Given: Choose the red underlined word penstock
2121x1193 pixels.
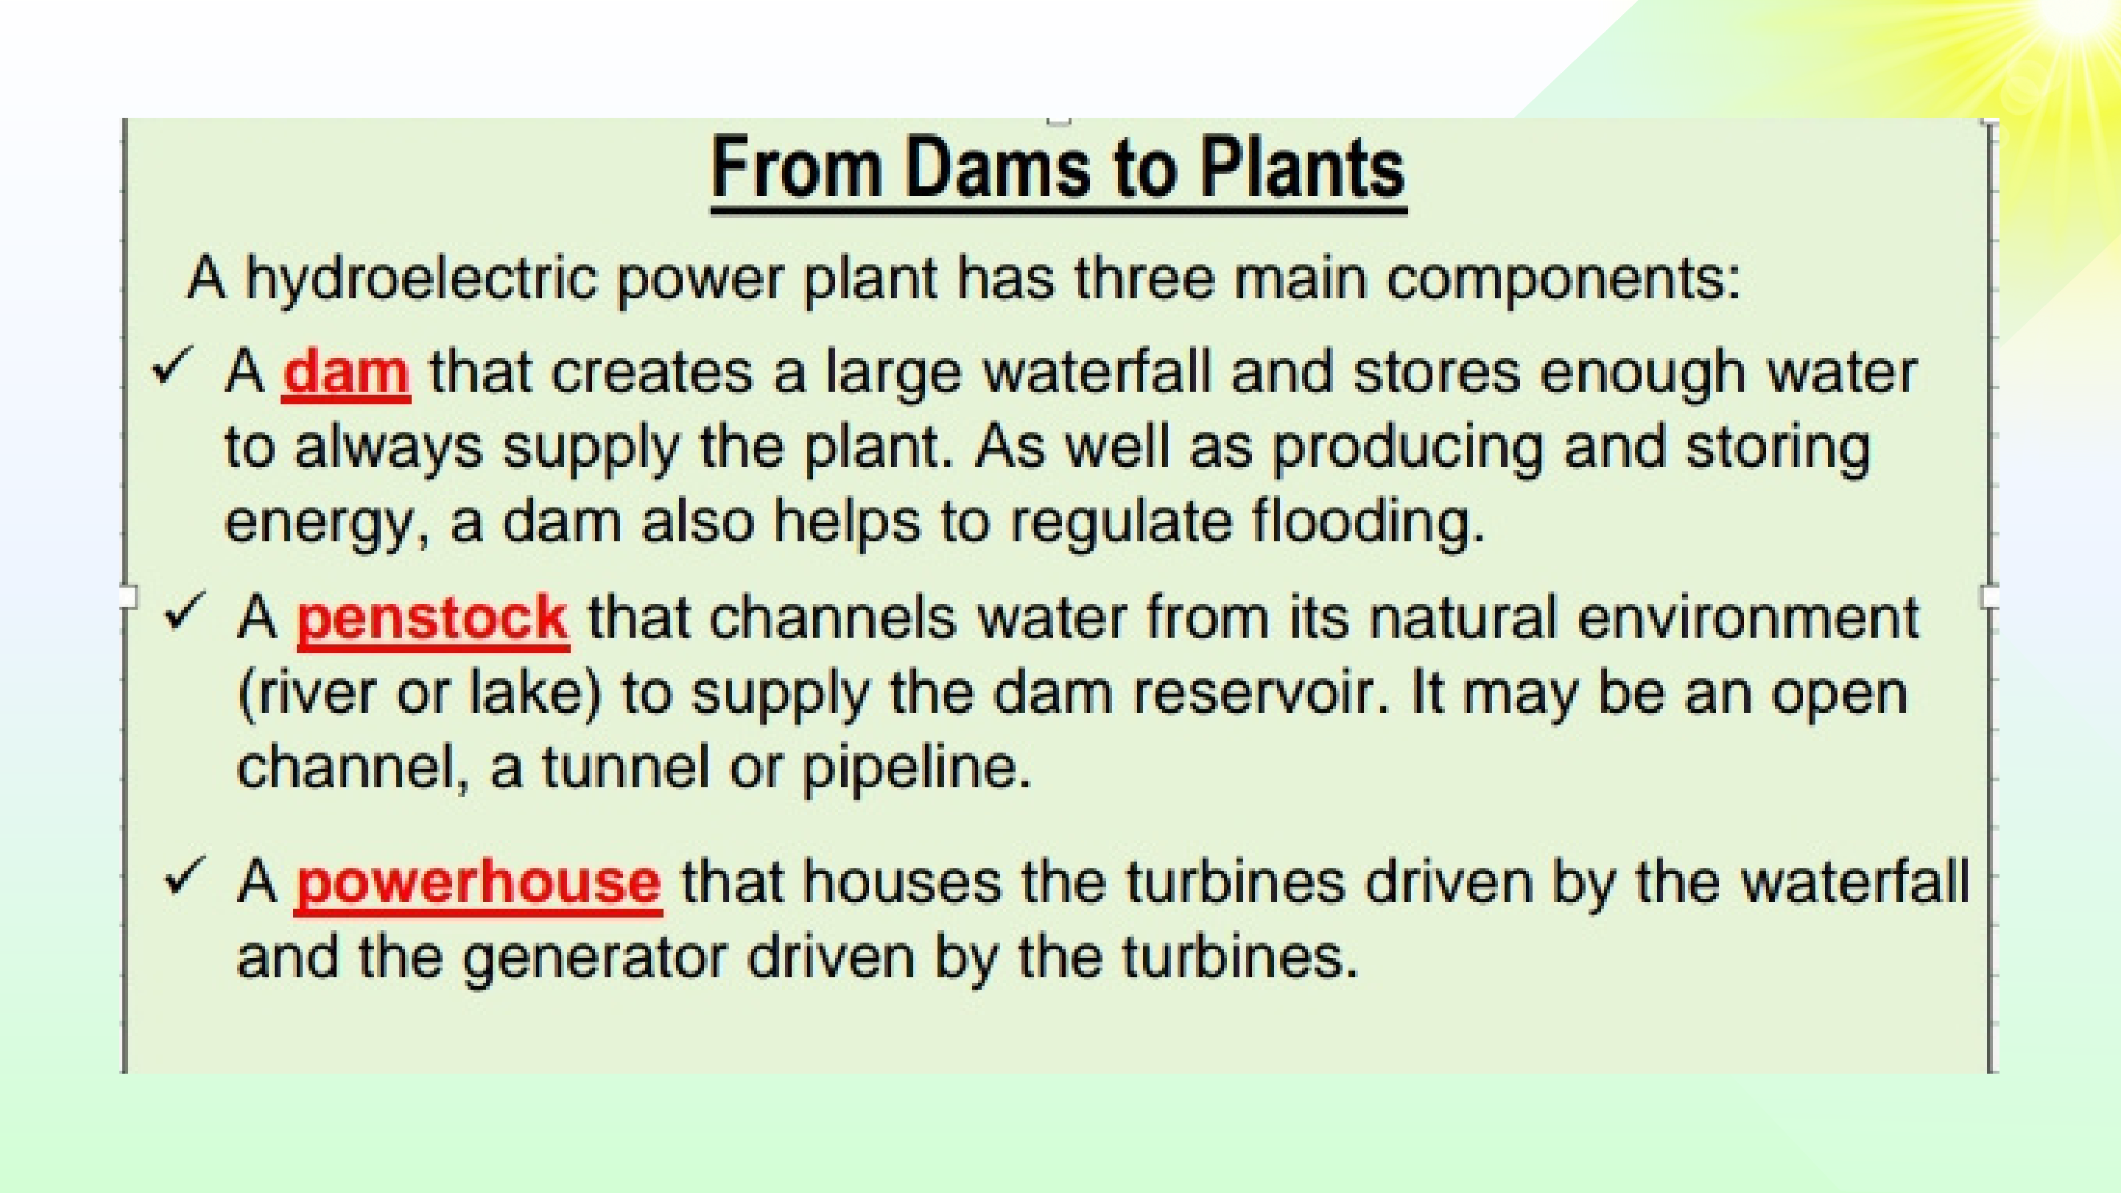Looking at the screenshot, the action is (x=432, y=619).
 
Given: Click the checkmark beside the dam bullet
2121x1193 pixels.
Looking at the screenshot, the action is (x=172, y=365).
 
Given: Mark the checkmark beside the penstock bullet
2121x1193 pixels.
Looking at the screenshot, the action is (x=184, y=612).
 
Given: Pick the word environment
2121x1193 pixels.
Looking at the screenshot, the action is (x=1748, y=619).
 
